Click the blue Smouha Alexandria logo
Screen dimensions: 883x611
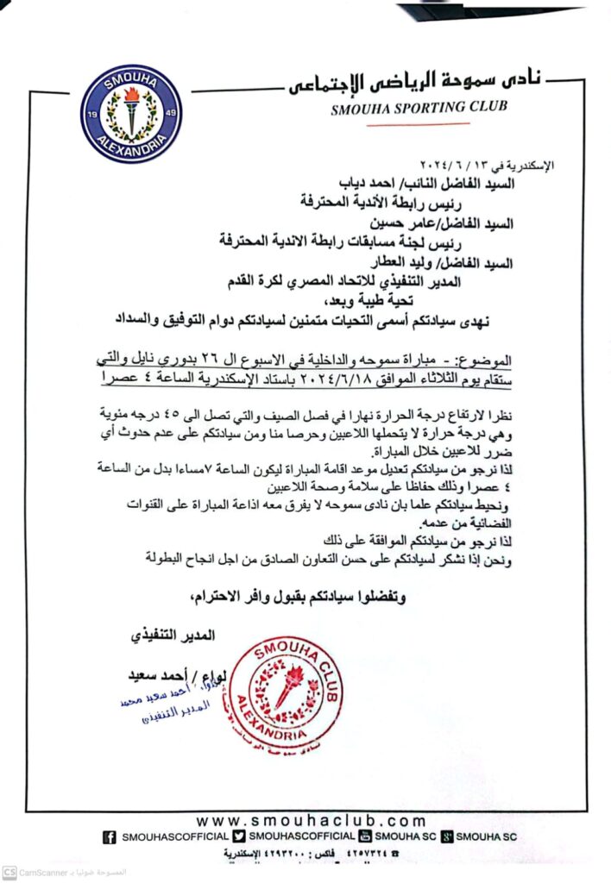[130, 114]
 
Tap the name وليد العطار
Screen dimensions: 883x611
[388, 263]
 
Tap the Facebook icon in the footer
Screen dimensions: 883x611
[110, 836]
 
